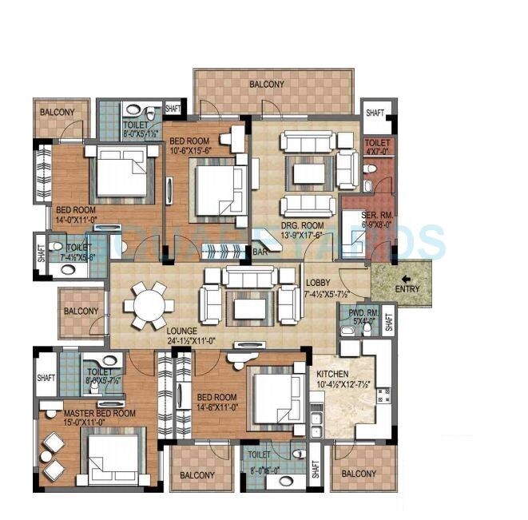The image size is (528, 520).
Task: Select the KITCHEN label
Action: tap(332, 373)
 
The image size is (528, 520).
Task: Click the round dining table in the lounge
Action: tap(147, 304)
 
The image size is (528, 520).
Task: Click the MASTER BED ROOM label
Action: tap(89, 414)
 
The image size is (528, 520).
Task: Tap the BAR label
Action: tap(260, 252)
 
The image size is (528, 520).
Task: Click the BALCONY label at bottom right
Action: tap(359, 474)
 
